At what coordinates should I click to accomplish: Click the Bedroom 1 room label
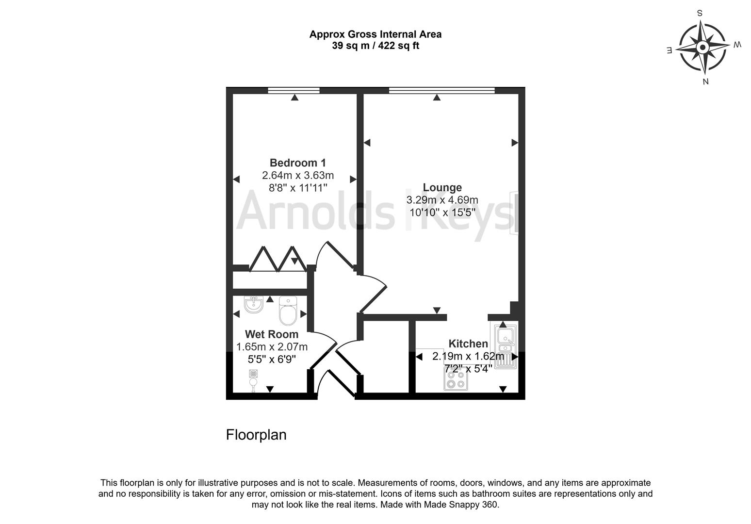(298, 163)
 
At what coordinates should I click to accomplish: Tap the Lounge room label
(442, 188)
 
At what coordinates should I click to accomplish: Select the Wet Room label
(271, 334)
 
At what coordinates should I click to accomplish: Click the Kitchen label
(468, 344)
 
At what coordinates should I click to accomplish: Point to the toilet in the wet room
(288, 311)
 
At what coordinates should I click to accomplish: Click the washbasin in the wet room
(254, 304)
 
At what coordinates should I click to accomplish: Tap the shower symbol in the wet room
(253, 379)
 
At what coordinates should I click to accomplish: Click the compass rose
(702, 48)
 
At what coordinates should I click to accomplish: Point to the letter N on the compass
(706, 82)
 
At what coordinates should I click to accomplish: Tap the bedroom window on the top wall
(294, 90)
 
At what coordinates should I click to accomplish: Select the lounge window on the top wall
(441, 90)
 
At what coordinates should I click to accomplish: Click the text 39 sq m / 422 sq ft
(375, 46)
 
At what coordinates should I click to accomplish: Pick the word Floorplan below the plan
(256, 435)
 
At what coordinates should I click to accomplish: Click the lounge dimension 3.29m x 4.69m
(442, 200)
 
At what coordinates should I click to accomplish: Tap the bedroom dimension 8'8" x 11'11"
(298, 187)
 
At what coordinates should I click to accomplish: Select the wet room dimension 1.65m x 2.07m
(272, 347)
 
